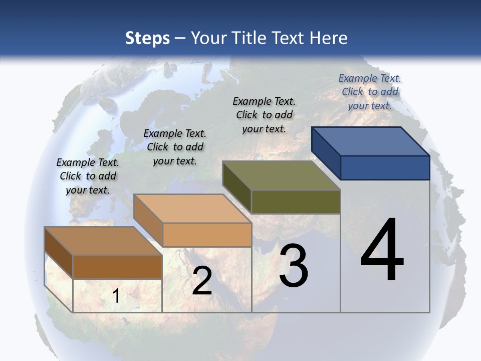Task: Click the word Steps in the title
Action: tap(147, 38)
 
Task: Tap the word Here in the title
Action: tap(328, 38)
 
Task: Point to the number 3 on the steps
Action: tap(294, 266)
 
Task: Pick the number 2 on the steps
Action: tap(202, 281)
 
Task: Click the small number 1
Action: tap(116, 296)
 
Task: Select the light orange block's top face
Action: tap(192, 209)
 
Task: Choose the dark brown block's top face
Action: tap(103, 241)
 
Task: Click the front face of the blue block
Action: tap(385, 167)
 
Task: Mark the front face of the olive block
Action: tap(296, 202)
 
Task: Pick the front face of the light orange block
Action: tap(207, 235)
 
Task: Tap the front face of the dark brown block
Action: tap(117, 267)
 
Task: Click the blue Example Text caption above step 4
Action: tap(370, 92)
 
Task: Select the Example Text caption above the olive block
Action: tap(264, 115)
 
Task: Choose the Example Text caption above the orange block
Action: tap(175, 147)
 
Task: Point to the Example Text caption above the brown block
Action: tap(88, 176)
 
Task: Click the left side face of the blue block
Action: tap(326, 153)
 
